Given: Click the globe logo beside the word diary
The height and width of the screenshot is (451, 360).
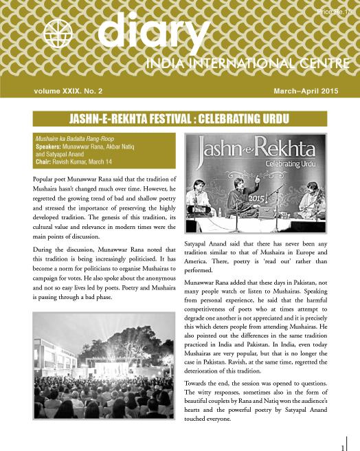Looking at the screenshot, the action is coord(57,32).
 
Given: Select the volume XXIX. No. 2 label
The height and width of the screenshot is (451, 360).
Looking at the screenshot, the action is coord(68,89).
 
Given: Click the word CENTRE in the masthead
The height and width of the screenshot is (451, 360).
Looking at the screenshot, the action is coord(317,65).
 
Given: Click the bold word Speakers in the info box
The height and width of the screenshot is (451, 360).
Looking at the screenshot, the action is coord(47,147).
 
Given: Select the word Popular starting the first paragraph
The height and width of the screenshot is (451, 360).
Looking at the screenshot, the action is coord(45,178).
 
